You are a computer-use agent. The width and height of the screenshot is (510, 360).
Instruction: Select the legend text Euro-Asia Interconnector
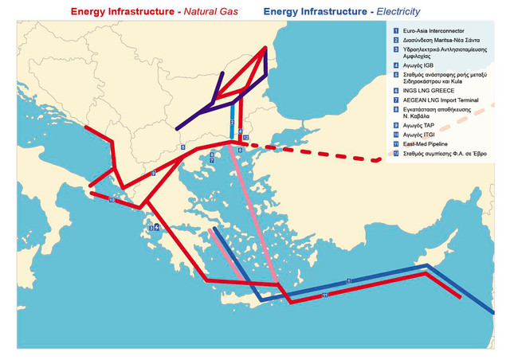(434, 29)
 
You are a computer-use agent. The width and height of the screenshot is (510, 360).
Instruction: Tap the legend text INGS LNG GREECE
(426, 101)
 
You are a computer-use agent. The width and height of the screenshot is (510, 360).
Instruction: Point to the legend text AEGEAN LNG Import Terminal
(441, 112)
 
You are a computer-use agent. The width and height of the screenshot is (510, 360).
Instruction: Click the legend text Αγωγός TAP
(421, 135)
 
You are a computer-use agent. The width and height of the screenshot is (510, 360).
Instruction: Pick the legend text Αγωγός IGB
(420, 66)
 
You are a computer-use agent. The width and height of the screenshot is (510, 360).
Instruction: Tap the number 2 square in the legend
(394, 39)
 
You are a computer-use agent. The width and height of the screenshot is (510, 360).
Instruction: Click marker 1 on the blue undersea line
(349, 281)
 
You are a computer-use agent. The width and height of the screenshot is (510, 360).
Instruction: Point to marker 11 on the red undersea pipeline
(324, 295)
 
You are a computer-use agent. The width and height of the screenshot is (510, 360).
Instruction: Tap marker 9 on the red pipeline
(152, 173)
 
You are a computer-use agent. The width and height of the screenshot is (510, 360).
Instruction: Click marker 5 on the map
(182, 147)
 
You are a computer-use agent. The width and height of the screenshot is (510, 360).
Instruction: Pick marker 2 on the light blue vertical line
(232, 123)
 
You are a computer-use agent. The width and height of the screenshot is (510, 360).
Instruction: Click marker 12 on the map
(245, 138)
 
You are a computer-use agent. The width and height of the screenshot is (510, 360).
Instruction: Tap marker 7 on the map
(212, 161)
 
